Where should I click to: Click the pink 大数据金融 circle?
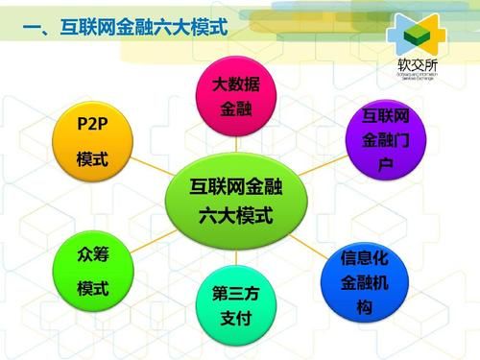click(x=236, y=96)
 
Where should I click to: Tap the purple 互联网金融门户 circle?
click(x=384, y=141)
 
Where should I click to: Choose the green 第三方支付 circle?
click(x=236, y=305)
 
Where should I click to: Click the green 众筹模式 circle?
click(x=92, y=272)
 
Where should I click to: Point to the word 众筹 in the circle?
click(x=92, y=255)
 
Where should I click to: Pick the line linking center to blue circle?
click(x=312, y=242)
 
